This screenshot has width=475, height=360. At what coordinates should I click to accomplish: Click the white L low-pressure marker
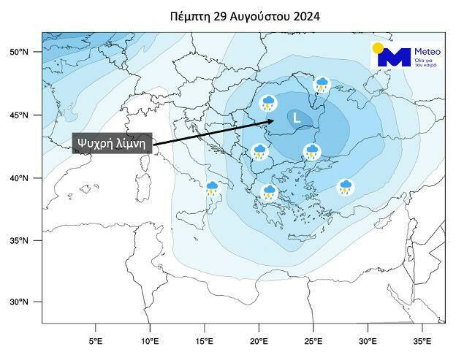(x=296, y=117)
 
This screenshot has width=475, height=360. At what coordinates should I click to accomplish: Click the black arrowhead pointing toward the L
(x=270, y=121)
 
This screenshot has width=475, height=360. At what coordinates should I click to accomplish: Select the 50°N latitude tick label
(x=20, y=53)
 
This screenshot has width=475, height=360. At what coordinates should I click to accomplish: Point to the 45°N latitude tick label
(x=20, y=115)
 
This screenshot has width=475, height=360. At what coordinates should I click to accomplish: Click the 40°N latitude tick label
(x=20, y=178)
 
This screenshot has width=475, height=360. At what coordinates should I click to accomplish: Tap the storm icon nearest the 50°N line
(x=322, y=85)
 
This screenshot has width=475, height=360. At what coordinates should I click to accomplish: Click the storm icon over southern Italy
(x=213, y=189)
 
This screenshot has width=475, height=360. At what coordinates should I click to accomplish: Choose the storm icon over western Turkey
(x=346, y=187)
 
